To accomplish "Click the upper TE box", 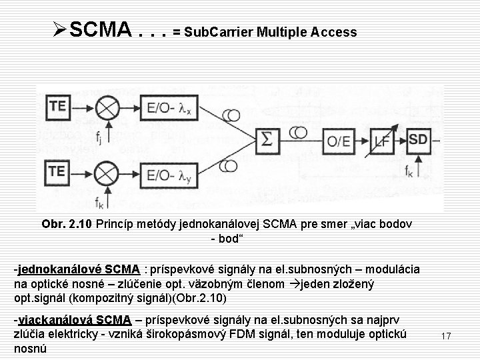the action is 57,105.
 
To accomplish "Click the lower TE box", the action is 57,171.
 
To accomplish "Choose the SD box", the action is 419,140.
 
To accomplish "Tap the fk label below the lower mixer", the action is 99,202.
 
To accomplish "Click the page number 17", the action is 446,337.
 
